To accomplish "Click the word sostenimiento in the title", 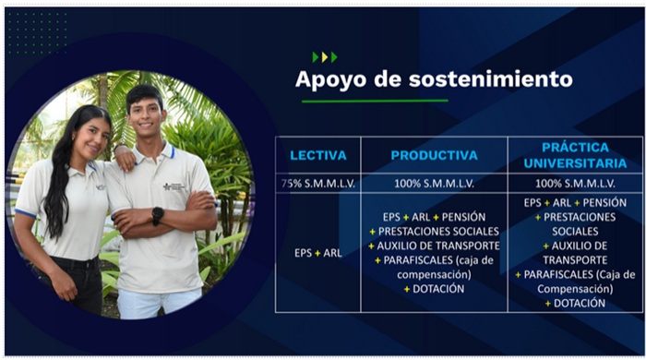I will (x=486, y=79).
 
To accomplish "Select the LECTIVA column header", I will (x=317, y=155).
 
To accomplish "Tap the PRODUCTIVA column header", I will (x=434, y=155).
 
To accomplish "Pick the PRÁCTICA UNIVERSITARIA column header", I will (x=575, y=154).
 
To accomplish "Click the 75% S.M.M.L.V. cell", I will (x=317, y=184).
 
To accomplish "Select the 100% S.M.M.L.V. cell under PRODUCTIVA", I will (x=434, y=184).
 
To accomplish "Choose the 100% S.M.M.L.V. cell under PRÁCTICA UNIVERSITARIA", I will (x=575, y=184).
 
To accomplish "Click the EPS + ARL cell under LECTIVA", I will (x=317, y=252).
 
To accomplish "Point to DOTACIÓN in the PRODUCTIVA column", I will (x=439, y=289).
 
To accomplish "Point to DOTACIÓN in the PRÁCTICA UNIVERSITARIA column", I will (x=580, y=303).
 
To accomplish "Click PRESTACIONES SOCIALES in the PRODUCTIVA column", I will (x=439, y=231).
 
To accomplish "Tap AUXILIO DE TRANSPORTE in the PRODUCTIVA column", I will (x=439, y=246).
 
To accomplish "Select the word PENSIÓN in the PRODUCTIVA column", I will (x=463, y=216).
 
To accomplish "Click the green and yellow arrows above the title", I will (x=324, y=57).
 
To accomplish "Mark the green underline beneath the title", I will (x=375, y=101).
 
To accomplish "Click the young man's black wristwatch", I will (x=158, y=215).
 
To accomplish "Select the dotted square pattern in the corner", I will (x=36, y=33).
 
